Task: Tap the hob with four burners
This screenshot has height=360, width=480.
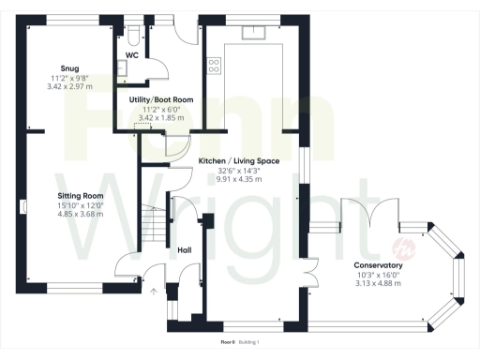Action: [213, 66]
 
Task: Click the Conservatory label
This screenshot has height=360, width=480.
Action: [378, 266]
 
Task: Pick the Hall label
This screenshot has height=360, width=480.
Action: [186, 250]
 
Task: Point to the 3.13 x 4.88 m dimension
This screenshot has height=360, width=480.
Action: [378, 284]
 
